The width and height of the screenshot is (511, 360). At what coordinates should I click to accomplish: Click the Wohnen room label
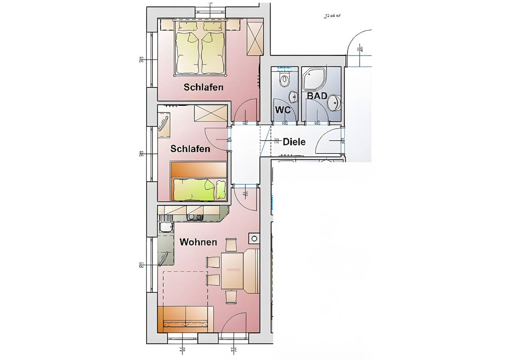(198, 242)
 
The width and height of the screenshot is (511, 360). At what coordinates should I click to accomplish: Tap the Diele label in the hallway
(294, 142)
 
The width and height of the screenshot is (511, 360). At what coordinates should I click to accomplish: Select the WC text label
(283, 110)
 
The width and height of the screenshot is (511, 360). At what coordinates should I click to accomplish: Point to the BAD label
(317, 96)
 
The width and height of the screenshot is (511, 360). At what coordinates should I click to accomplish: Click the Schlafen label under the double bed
(203, 87)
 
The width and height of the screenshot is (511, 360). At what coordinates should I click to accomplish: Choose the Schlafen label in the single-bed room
(190, 149)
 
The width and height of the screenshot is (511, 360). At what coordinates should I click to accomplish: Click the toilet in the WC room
(284, 80)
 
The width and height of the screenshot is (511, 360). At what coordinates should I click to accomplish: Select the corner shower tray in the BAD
(313, 79)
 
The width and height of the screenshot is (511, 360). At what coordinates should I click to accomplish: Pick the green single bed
(198, 189)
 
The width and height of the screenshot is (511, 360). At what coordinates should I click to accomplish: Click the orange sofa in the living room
(185, 319)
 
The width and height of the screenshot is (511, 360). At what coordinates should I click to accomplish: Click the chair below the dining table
(231, 297)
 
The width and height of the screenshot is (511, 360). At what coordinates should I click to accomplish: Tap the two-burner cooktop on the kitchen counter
(195, 217)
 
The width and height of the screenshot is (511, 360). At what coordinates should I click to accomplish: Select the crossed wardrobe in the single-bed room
(210, 113)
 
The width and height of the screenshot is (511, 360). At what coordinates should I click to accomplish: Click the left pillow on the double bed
(187, 26)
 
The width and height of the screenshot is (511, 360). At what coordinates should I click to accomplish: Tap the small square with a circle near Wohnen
(254, 239)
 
